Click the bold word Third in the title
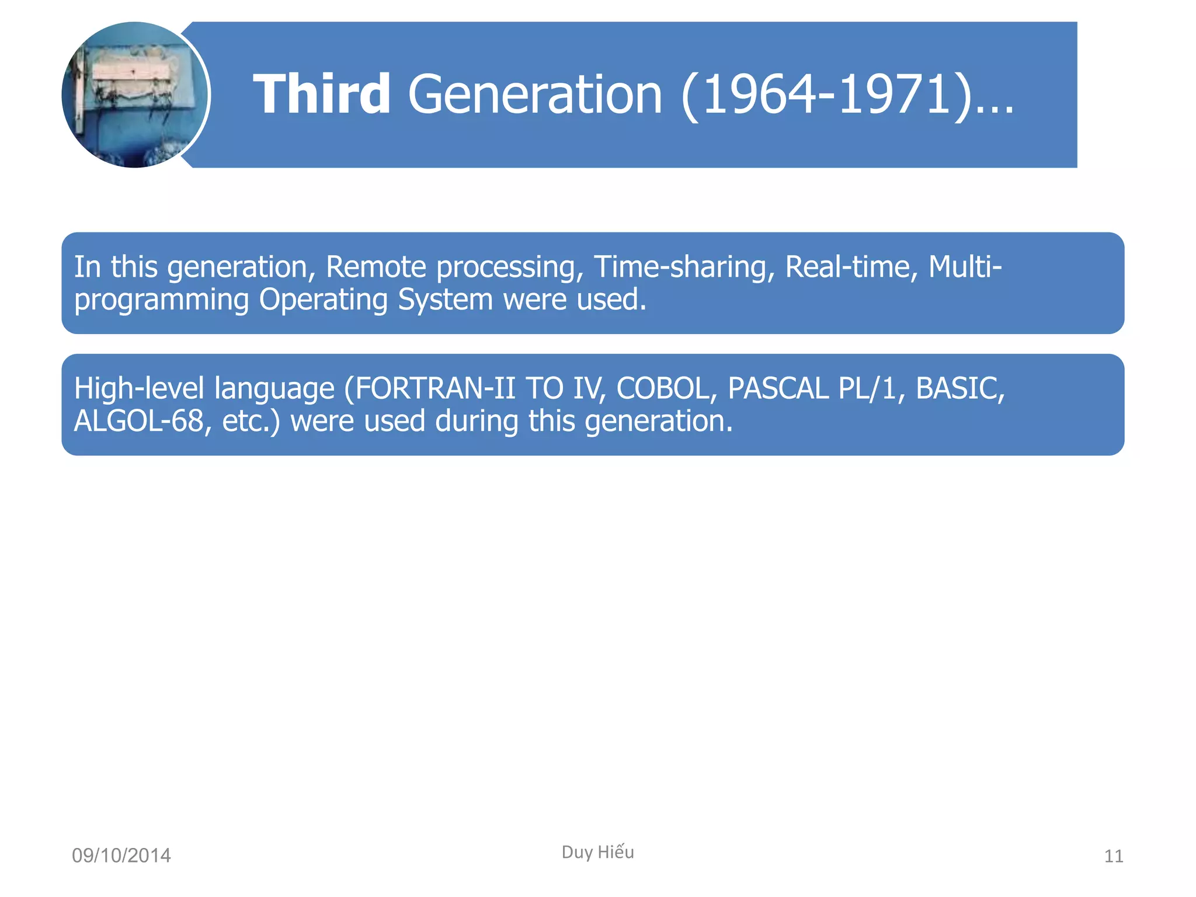tap(322, 94)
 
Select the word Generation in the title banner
tap(534, 94)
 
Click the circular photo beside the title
tap(135, 95)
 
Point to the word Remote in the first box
tap(376, 267)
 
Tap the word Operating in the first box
tap(323, 300)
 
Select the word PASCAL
tap(778, 388)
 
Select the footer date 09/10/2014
tap(121, 856)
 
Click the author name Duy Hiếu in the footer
tap(597, 852)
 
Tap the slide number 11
tap(1113, 856)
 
